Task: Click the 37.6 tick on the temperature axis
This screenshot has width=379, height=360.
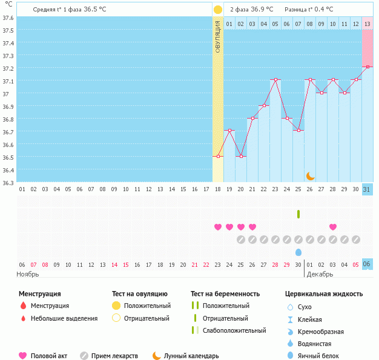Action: click(8, 18)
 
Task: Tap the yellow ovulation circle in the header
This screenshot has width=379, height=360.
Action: click(218, 10)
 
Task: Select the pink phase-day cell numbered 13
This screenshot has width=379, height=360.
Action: click(367, 24)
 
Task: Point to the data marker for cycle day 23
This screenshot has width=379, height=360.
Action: click(275, 80)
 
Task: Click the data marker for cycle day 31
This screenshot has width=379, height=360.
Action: click(367, 67)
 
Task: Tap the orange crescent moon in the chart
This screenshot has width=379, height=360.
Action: click(310, 175)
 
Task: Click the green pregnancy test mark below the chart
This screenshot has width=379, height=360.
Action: click(298, 214)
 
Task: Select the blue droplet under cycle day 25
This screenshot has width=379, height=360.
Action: click(298, 252)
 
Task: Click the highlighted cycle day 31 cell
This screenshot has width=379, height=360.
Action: click(367, 189)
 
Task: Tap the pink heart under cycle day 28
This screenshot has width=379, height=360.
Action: click(333, 227)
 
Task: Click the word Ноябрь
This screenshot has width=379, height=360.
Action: click(28, 273)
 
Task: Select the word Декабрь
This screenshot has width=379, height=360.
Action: click(319, 273)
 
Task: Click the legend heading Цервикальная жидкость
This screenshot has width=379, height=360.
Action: click(324, 294)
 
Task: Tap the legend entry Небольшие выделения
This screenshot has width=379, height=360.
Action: click(64, 318)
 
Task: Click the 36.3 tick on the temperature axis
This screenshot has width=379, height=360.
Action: click(8, 182)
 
